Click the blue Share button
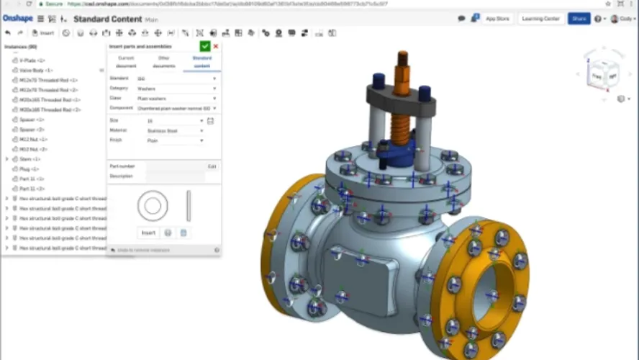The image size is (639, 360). click(x=578, y=19)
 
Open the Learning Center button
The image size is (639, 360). click(x=542, y=19)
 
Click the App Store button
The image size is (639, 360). click(x=497, y=19)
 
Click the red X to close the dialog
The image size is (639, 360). click(x=216, y=46)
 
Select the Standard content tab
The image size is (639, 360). click(x=201, y=61)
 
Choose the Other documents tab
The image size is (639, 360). click(x=164, y=61)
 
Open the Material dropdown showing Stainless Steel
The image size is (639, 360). click(x=175, y=131)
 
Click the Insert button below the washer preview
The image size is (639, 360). click(x=148, y=233)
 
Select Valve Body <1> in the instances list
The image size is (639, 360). click(x=36, y=71)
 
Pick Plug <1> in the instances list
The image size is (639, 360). click(x=30, y=168)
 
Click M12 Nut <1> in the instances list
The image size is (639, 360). click(x=33, y=139)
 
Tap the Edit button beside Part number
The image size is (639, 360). click(x=212, y=166)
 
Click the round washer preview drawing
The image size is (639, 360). click(x=153, y=206)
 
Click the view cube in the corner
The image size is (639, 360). click(x=603, y=74)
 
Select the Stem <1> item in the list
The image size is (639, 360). click(x=30, y=158)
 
